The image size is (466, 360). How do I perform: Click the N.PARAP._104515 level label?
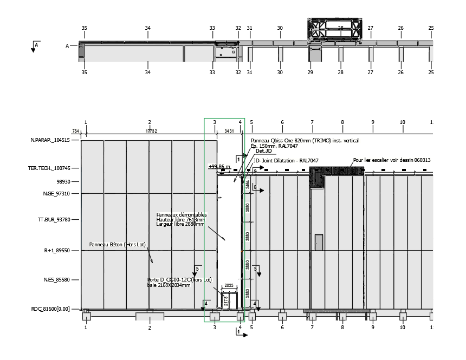(x=50, y=140)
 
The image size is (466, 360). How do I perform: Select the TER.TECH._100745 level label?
(x=50, y=168)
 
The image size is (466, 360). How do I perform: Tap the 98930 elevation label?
(x=63, y=182)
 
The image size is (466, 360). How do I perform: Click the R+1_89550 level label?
(x=56, y=251)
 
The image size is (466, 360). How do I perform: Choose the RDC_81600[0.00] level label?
(x=50, y=309)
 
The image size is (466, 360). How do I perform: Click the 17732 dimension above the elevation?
(x=151, y=131)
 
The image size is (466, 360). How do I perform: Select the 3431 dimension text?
(x=229, y=131)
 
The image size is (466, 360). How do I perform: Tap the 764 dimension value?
(x=76, y=131)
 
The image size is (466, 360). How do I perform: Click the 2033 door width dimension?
(x=229, y=285)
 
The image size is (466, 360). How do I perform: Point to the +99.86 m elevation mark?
(x=219, y=167)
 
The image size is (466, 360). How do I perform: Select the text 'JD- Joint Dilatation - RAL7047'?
(x=286, y=161)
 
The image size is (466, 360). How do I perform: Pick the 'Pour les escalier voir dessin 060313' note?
(x=384, y=160)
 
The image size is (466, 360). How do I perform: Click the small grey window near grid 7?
(x=319, y=241)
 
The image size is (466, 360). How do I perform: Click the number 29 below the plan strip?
(x=310, y=72)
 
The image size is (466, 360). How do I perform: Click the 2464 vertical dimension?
(x=247, y=185)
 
